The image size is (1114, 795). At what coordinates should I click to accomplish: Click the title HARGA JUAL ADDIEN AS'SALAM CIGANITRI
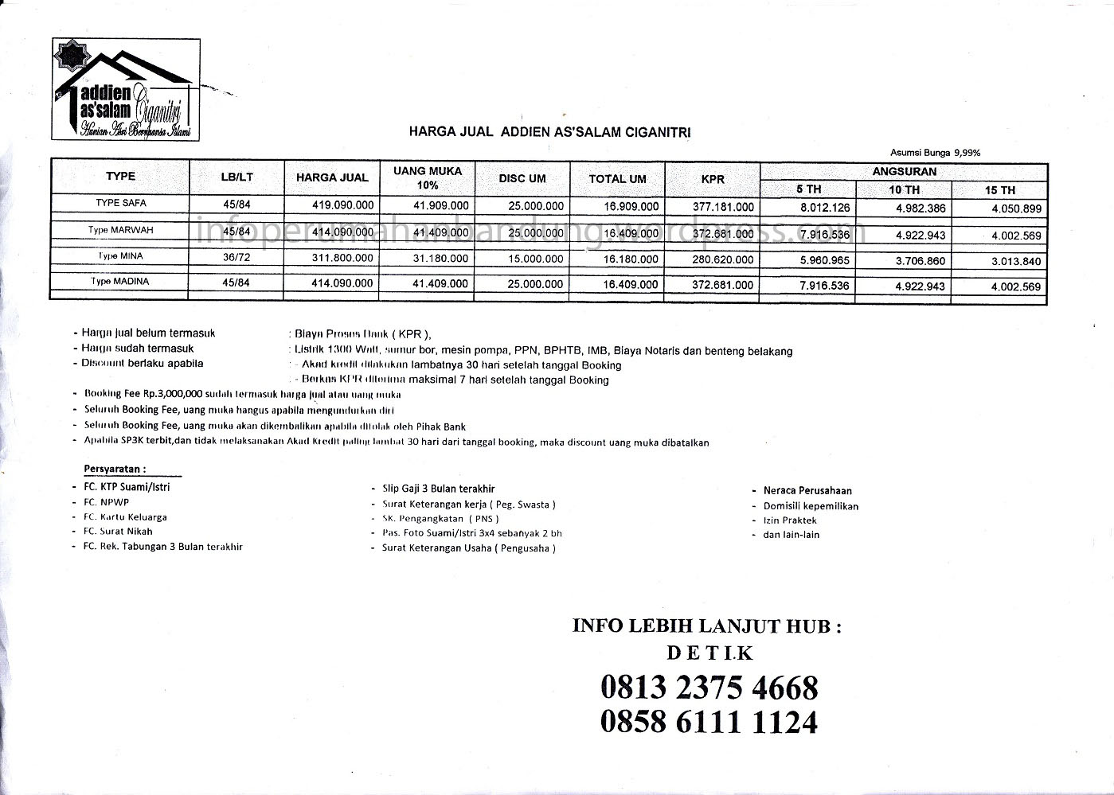click(549, 131)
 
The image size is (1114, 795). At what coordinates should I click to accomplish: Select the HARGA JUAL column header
click(332, 177)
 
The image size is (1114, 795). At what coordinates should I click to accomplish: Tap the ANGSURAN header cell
click(904, 171)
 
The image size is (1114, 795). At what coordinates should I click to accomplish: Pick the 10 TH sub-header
click(904, 190)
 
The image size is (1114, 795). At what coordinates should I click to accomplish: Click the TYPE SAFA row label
click(120, 203)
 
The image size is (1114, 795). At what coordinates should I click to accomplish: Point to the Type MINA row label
click(120, 256)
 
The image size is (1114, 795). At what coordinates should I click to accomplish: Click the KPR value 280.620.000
click(722, 259)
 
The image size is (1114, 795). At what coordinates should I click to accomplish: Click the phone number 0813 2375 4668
click(709, 688)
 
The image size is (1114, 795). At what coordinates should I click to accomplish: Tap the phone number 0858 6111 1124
click(709, 722)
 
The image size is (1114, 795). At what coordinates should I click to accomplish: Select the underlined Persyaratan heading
click(115, 469)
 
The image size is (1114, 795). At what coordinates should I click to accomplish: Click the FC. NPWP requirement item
click(106, 502)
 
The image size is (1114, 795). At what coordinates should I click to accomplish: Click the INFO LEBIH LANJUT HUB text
click(707, 625)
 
